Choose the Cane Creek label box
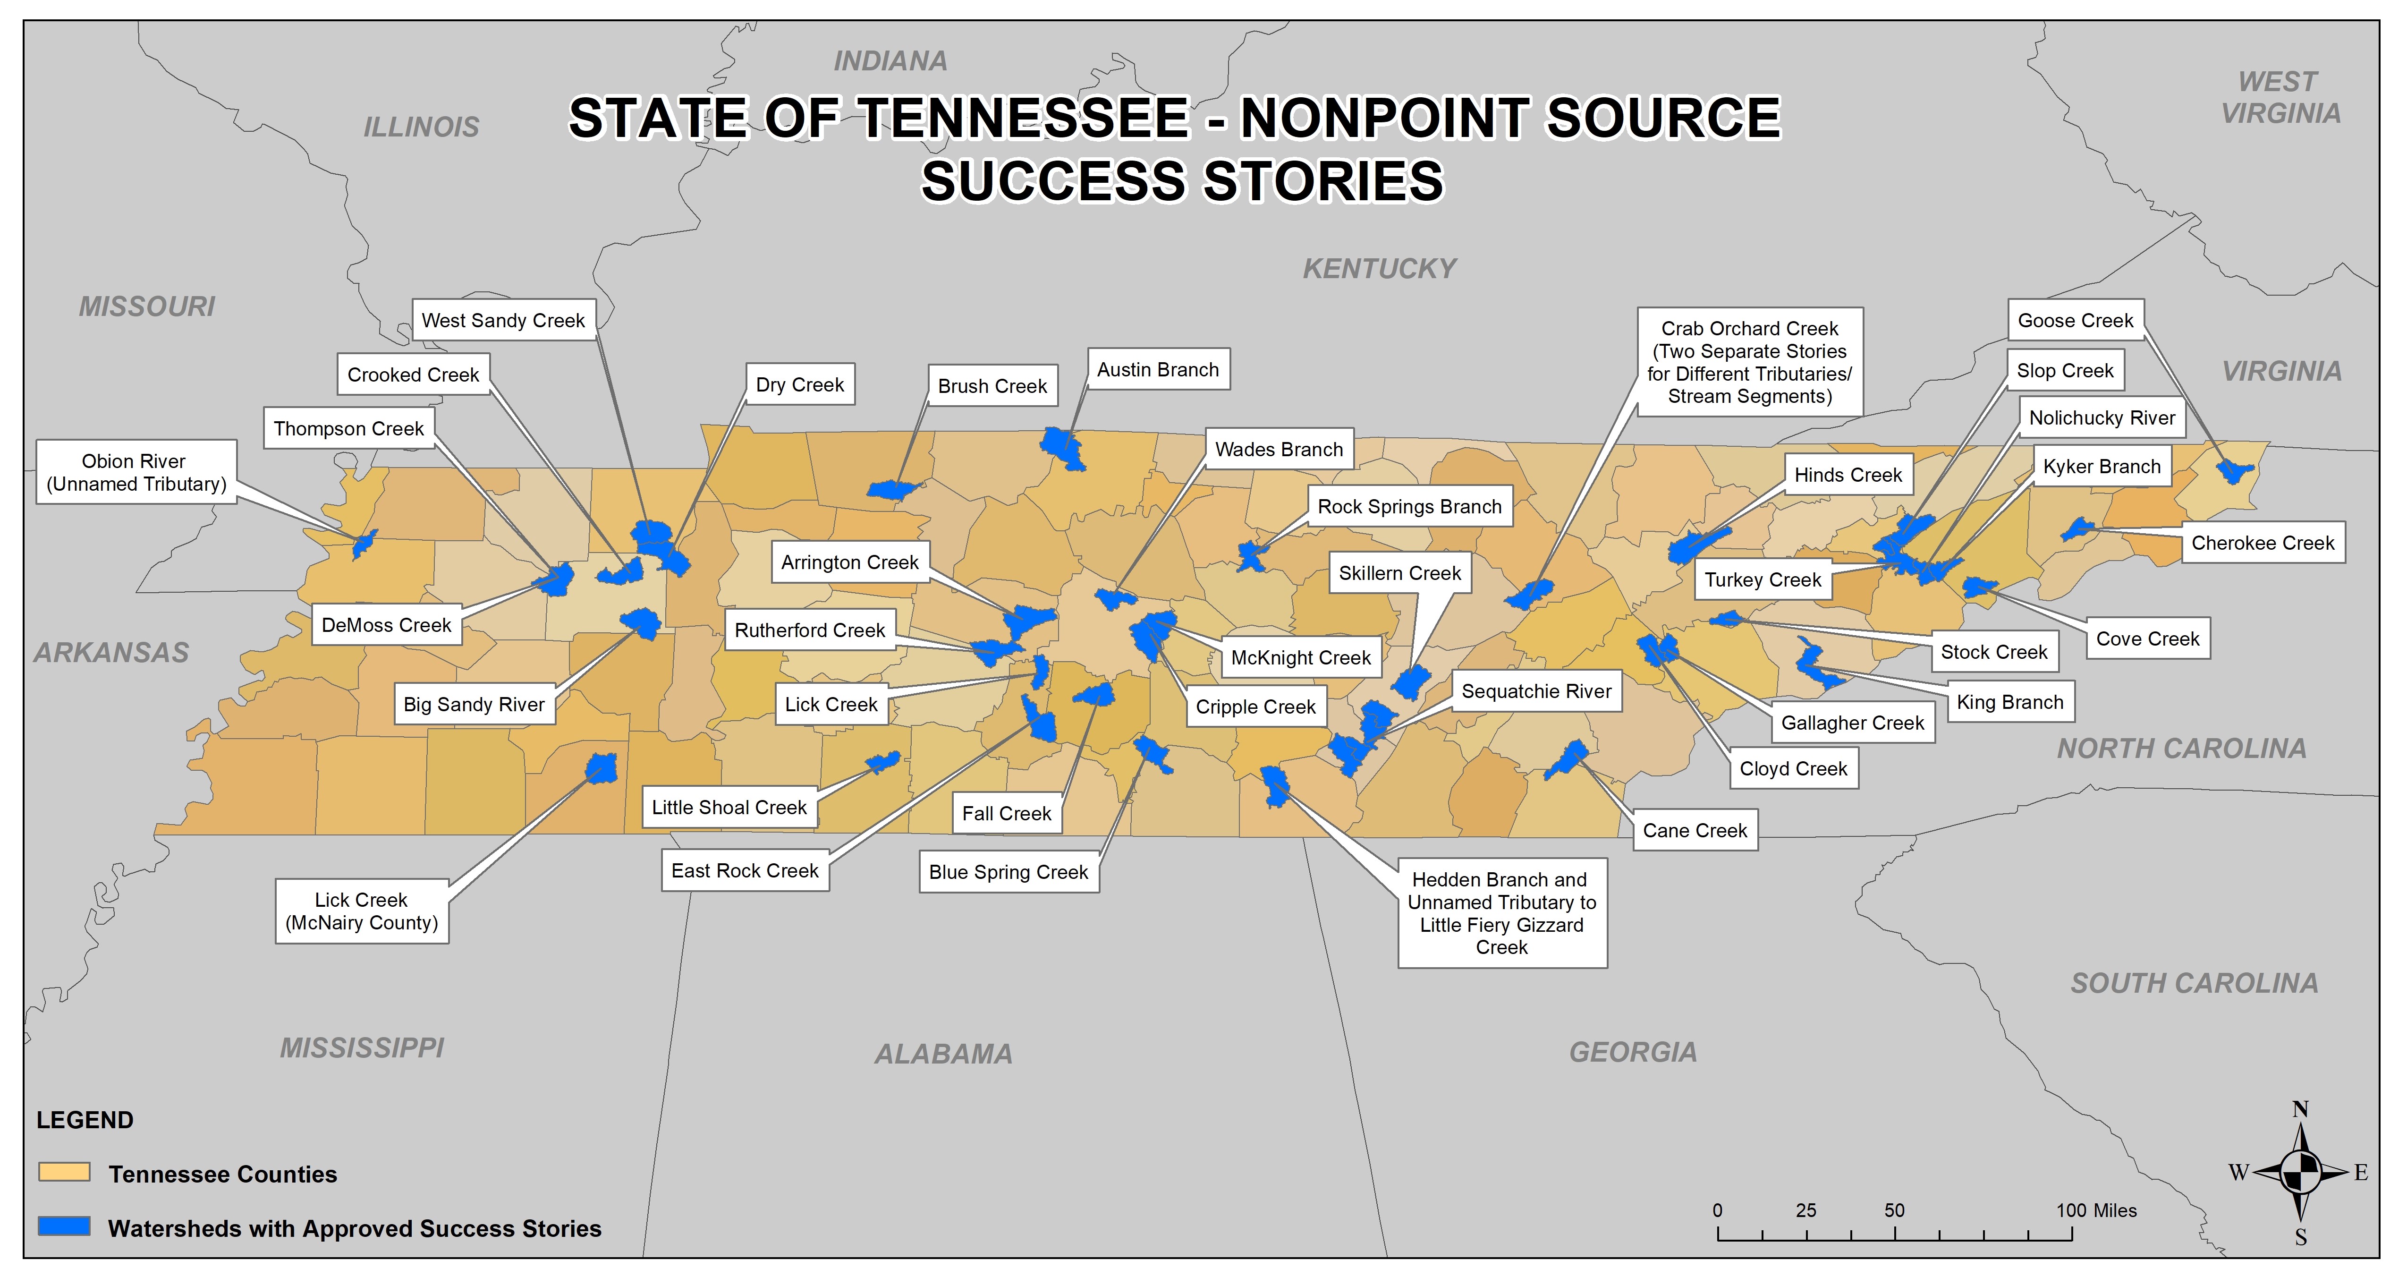click(1695, 830)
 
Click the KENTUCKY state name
click(1379, 269)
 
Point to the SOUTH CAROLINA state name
click(2194, 983)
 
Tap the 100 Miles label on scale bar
click(2096, 1210)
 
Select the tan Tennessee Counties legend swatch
click(65, 1172)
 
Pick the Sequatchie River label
click(1536, 692)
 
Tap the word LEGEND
click(85, 1120)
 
